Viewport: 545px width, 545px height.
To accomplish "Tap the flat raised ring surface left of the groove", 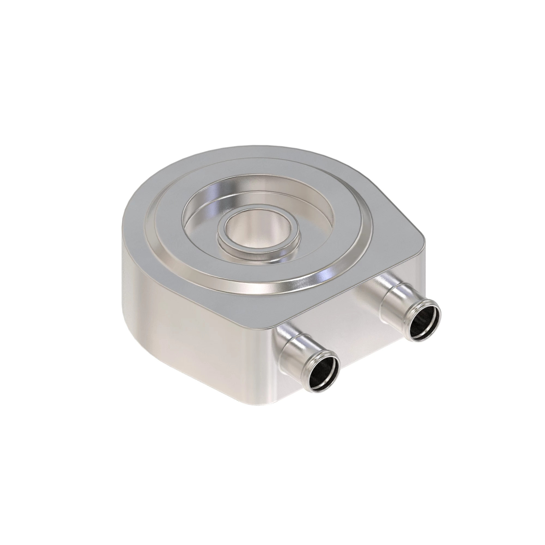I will (x=166, y=226).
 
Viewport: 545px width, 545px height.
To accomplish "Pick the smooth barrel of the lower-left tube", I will (x=296, y=353).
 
